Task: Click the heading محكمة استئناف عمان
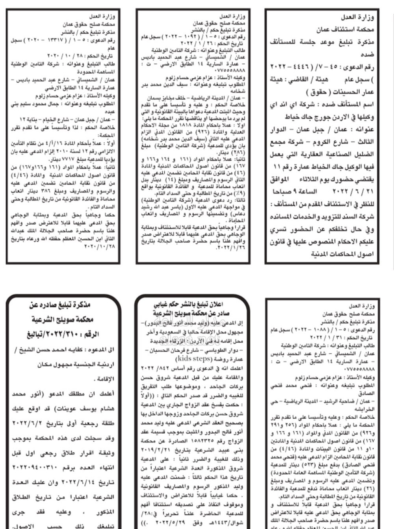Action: (345, 30)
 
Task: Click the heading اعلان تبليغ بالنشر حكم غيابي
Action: (189, 304)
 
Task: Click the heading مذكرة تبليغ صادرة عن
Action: (60, 305)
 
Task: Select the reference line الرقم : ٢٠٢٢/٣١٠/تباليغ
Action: (63, 334)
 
